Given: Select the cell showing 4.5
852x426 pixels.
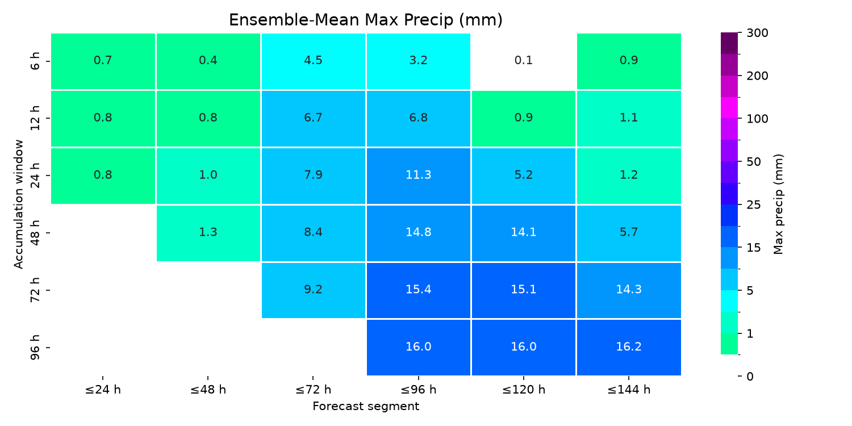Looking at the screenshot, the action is (313, 61).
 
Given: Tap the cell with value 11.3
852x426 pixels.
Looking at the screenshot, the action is (419, 176).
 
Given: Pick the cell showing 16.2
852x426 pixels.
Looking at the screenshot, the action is (629, 348).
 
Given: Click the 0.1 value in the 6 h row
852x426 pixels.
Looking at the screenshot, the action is (523, 60).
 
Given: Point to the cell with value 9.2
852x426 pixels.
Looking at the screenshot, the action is (313, 290).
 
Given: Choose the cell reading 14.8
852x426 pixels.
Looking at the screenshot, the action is (419, 233).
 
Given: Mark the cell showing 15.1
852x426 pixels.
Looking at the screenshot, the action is (523, 290).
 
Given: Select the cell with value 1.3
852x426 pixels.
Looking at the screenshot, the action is (208, 233).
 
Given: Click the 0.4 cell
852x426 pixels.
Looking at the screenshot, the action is (208, 61).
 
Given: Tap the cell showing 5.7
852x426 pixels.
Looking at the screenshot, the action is (629, 233).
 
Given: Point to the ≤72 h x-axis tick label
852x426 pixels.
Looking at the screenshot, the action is (313, 390).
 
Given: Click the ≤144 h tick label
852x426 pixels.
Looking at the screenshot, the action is (629, 390).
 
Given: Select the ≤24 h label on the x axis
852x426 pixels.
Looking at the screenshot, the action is (103, 390).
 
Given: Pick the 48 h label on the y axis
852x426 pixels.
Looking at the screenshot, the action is (35, 233).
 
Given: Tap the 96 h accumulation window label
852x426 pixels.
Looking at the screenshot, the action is (35, 348).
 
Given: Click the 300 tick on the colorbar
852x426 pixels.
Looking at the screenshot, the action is (757, 33).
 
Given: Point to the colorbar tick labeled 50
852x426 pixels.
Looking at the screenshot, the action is (754, 162).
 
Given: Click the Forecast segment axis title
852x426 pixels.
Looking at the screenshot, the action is (366, 406).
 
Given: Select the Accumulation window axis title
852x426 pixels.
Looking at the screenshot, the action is (19, 204).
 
